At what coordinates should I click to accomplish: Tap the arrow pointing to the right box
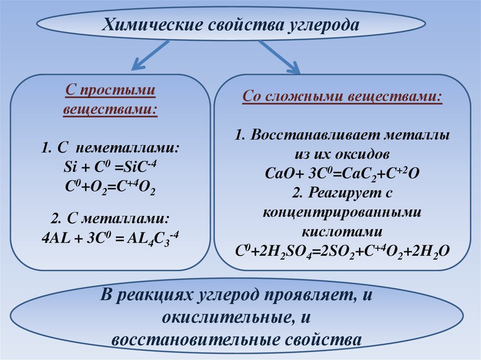point(280,57)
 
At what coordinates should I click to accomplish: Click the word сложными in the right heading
point(304,97)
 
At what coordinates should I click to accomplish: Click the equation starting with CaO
point(342,173)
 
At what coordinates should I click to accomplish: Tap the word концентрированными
point(342,212)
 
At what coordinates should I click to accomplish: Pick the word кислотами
point(342,231)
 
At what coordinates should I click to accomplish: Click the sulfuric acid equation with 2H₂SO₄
point(342,251)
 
